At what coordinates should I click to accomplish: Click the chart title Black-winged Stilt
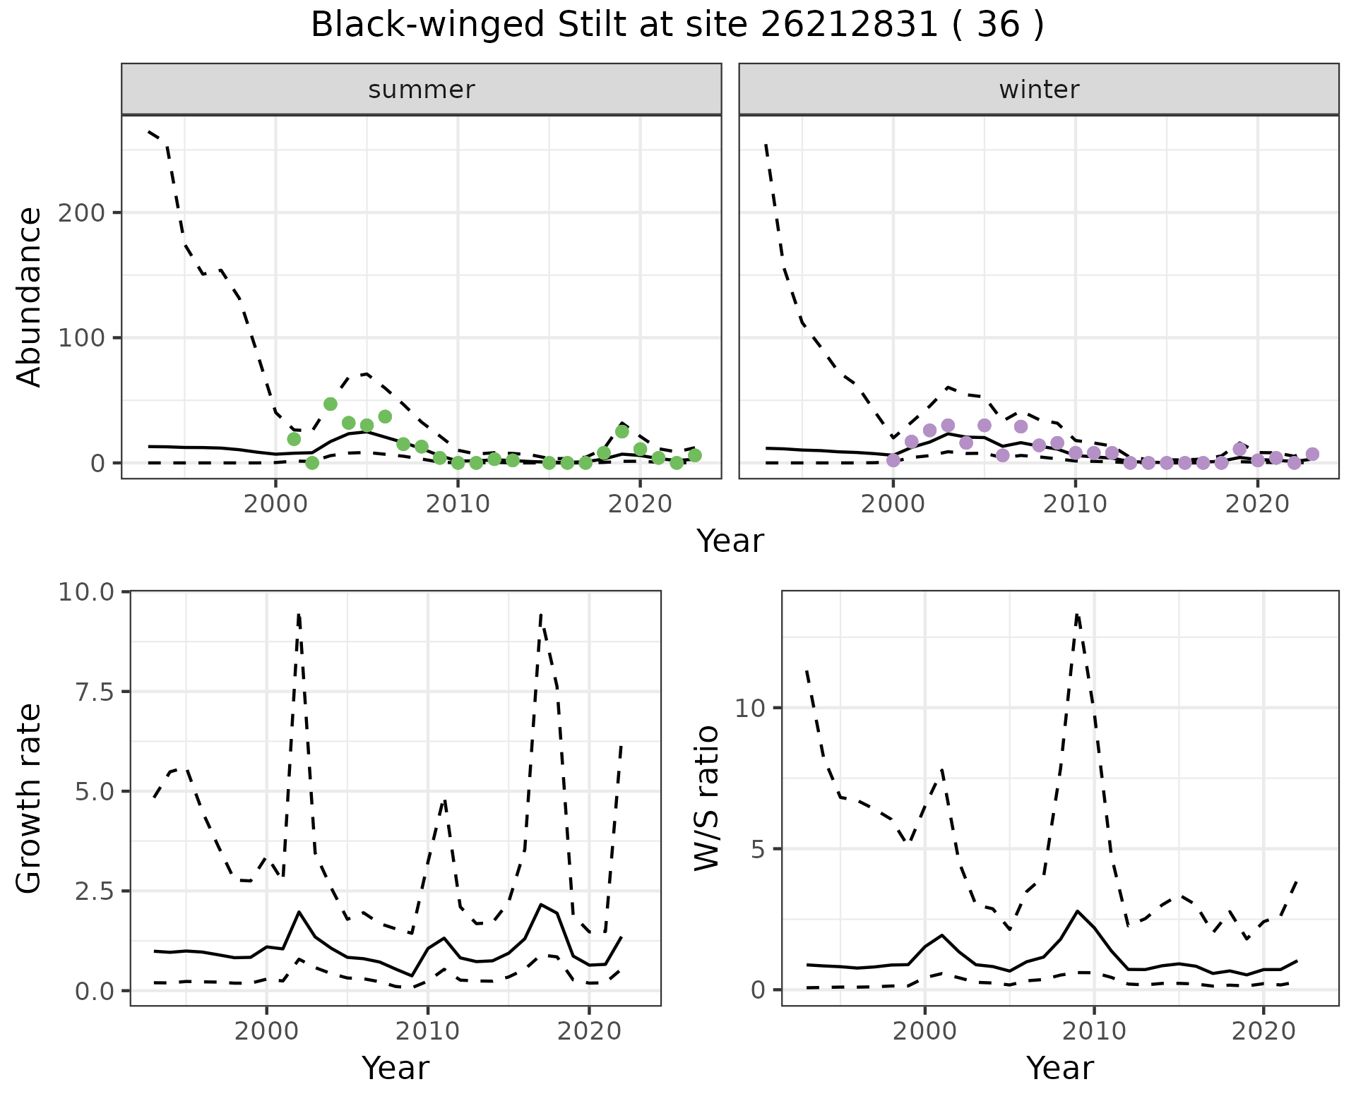pyautogui.click(x=677, y=25)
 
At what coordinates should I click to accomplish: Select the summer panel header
pyautogui.click(x=422, y=90)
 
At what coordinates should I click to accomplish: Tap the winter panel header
pyautogui.click(x=1038, y=90)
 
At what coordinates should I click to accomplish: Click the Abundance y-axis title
pyautogui.click(x=30, y=297)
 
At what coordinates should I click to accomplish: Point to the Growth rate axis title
pyautogui.click(x=30, y=798)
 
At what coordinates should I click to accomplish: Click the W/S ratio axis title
pyautogui.click(x=706, y=798)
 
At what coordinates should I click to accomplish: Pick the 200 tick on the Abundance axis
pyautogui.click(x=81, y=212)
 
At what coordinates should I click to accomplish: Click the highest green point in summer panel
pyautogui.click(x=330, y=404)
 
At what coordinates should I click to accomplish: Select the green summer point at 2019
pyautogui.click(x=621, y=431)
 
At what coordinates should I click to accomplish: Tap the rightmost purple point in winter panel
pyautogui.click(x=1312, y=454)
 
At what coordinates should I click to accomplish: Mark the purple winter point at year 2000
pyautogui.click(x=893, y=460)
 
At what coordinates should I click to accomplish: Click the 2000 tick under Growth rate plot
pyautogui.click(x=266, y=1031)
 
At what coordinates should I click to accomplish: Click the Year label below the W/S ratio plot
pyautogui.click(x=1059, y=1068)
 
